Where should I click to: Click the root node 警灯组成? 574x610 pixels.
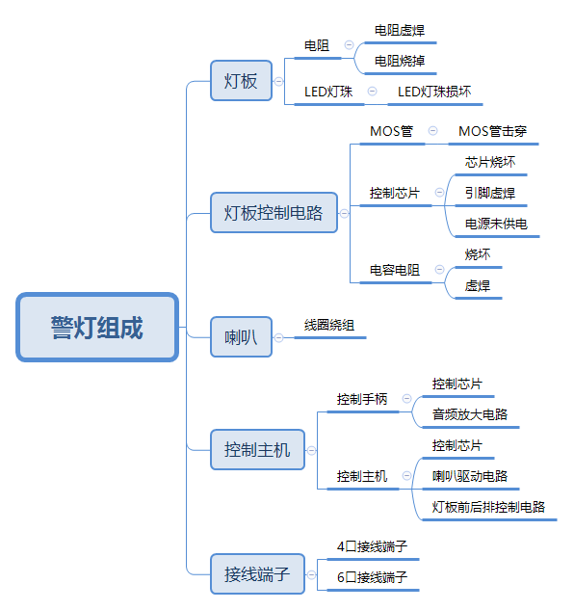pos(97,328)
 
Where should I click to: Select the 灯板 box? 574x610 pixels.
pos(241,81)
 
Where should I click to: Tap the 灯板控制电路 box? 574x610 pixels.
pos(274,213)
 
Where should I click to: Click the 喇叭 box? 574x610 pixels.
pos(241,336)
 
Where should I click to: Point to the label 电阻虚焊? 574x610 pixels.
pos(399,30)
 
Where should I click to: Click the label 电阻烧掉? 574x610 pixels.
pos(399,61)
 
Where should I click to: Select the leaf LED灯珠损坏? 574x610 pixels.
pos(434,92)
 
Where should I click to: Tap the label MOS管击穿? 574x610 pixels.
pos(492,131)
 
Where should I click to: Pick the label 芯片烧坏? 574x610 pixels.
pos(489,162)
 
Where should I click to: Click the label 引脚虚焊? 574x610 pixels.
pos(489,193)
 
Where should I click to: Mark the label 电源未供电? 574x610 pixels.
pos(495,224)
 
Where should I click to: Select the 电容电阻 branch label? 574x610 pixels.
pos(395,270)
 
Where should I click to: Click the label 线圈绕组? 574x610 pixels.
pos(329,325)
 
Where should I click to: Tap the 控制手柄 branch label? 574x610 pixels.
pos(362,398)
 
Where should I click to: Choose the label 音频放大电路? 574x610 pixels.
pos(470,414)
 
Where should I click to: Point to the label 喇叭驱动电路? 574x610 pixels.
pos(470,476)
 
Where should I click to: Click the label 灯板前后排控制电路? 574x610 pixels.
pos(488,507)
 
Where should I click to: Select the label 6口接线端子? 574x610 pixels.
pos(372,577)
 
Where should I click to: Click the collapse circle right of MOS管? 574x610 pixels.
pos(433,131)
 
